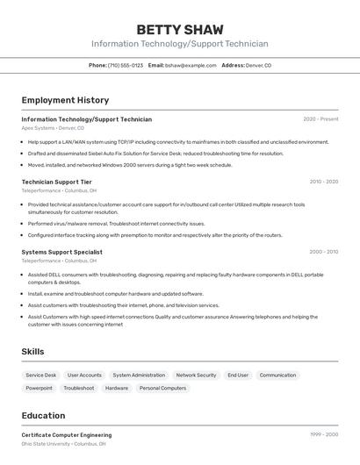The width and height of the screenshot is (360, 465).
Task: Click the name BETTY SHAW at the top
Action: click(179, 30)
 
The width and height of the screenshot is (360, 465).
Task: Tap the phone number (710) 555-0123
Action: click(125, 65)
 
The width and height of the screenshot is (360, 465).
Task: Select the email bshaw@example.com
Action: click(191, 65)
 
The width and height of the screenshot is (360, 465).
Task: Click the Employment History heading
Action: click(65, 101)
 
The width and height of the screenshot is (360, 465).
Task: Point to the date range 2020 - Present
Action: click(320, 119)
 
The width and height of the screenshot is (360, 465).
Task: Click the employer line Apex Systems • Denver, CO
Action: click(53, 127)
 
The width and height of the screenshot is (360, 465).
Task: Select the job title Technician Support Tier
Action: click(56, 182)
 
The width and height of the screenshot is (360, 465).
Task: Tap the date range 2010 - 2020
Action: click(323, 182)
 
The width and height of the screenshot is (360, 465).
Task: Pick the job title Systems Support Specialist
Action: click(61, 252)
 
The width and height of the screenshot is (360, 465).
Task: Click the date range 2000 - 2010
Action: click(323, 252)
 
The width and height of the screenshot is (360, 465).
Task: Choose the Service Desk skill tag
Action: click(40, 375)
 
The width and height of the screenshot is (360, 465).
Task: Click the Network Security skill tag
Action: click(196, 375)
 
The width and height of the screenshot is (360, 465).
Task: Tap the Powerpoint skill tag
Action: click(39, 388)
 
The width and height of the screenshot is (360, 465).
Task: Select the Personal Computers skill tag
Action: click(162, 388)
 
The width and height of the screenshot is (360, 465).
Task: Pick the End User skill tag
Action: click(238, 375)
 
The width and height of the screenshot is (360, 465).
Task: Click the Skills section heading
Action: click(33, 352)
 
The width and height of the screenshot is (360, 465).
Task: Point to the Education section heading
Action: click(43, 416)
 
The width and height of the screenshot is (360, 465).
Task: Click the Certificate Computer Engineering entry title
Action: click(67, 435)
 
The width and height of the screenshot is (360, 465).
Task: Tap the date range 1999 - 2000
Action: click(323, 434)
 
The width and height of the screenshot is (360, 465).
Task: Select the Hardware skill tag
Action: click(117, 388)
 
